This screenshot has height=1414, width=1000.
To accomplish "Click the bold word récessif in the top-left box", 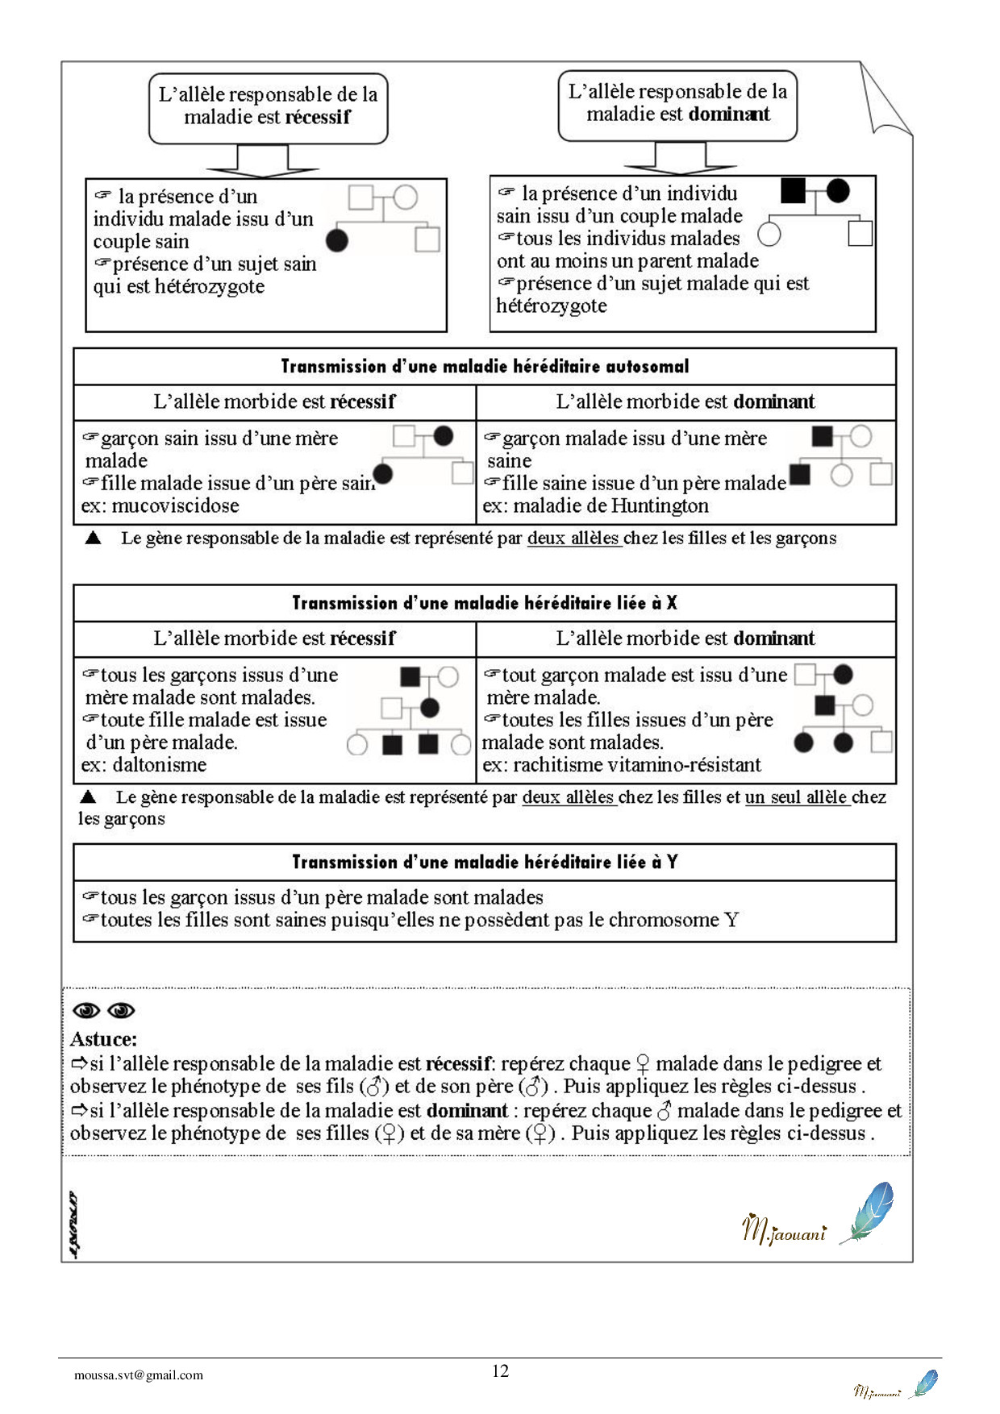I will coord(318,117).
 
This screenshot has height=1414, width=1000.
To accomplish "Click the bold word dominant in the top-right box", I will coord(729,114).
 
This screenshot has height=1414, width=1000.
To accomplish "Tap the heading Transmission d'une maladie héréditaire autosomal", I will coord(485,367).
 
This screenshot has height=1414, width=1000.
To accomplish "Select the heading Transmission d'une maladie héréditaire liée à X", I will coord(485,603).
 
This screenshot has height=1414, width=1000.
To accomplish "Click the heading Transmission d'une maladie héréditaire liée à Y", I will coord(485,863).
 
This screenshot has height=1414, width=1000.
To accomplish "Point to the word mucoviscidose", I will coord(175,506).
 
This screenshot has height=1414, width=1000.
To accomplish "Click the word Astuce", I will coord(102,1039).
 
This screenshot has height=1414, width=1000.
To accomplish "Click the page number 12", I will coord(500,1370).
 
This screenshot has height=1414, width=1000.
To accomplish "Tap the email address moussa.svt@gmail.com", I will coord(139,1375).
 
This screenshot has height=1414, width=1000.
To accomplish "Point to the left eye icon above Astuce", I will coord(86,1011).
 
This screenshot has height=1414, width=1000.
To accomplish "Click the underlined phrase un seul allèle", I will coord(797,797).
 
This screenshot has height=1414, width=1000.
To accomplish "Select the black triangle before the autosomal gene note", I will coord(93,538).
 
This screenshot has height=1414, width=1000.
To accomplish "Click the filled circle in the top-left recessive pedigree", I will coord(337,239).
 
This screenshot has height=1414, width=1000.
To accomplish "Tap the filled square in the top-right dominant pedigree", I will coord(794,191).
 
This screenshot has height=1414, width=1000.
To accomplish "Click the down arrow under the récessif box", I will coord(263,161).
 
